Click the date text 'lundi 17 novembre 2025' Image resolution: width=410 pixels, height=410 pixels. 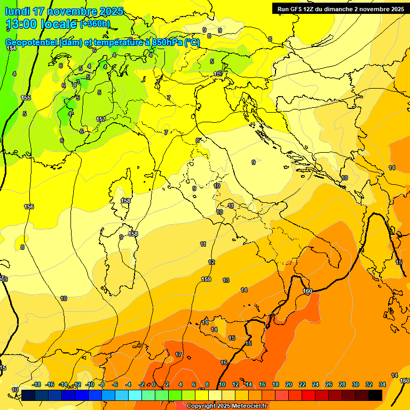[x=64, y=11]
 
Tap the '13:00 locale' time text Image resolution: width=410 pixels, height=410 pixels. [x=42, y=24]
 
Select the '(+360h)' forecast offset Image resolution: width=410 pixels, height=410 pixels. [x=95, y=23]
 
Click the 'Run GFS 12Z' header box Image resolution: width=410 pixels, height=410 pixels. [x=340, y=9]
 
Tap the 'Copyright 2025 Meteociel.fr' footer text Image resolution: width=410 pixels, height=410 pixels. [x=226, y=406]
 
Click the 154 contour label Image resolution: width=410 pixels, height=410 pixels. [x=11, y=49]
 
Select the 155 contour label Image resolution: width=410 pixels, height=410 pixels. [x=26, y=98]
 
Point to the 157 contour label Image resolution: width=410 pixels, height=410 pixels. [x=101, y=119]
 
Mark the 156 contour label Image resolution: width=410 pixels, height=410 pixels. [x=29, y=207]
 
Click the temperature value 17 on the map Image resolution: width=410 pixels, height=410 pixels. [x=179, y=354]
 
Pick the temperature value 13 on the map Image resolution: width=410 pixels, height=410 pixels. [x=226, y=280]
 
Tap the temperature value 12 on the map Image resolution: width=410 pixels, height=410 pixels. [x=211, y=262]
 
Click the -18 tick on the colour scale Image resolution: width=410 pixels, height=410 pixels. [x=36, y=384]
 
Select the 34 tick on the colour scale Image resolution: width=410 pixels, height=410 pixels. [x=382, y=384]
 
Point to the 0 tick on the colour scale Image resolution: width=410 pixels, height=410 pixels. [x=154, y=384]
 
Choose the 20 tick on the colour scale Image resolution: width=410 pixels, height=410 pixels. [x=289, y=384]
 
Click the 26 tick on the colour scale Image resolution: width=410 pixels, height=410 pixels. [x=329, y=384]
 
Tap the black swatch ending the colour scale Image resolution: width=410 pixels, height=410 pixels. [x=375, y=395]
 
